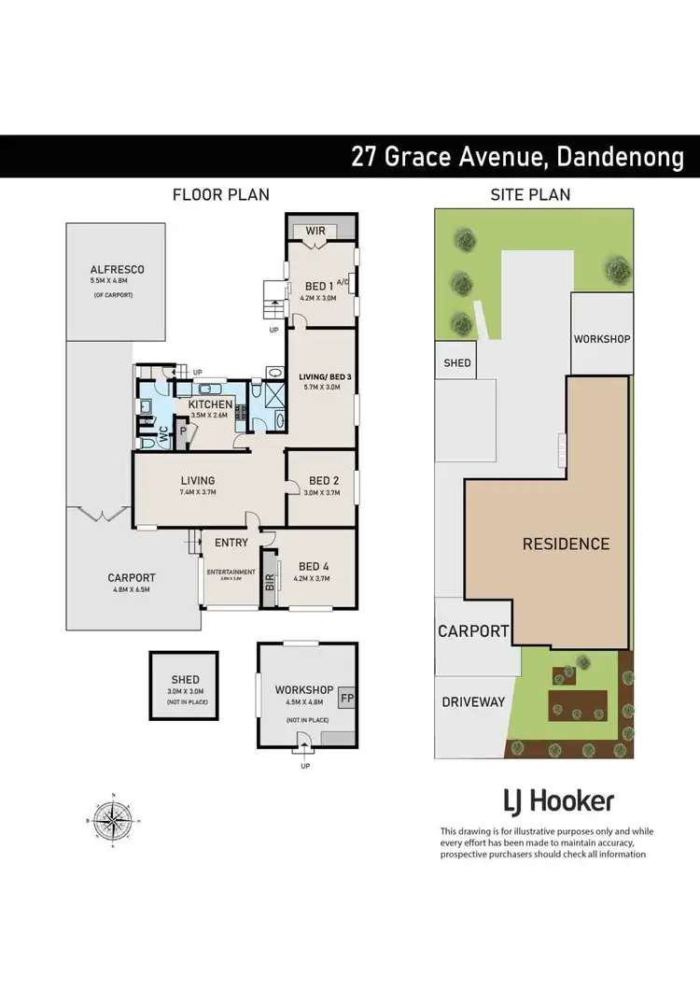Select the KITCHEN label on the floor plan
coord(210,404)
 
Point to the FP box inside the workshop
coord(345,697)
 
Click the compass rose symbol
coord(114,822)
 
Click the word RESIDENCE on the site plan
coord(566,544)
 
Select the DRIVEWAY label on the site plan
coord(473,701)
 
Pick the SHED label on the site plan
coord(457,362)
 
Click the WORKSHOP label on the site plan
coord(602,338)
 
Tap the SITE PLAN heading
coord(530,194)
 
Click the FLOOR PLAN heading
coord(221,194)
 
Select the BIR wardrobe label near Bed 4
coord(270,584)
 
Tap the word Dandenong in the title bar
coord(621,155)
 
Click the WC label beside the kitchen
coord(161,433)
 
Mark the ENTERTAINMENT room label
coord(231,572)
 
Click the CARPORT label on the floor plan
coord(131,577)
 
